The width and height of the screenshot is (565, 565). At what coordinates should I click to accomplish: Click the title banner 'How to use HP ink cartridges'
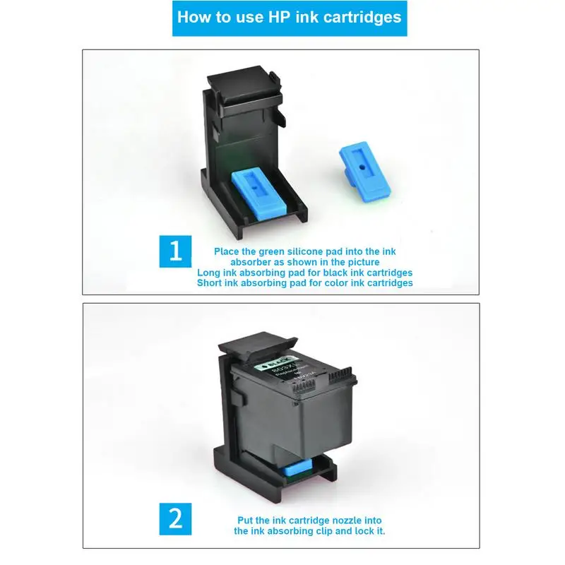pyautogui.click(x=289, y=18)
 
